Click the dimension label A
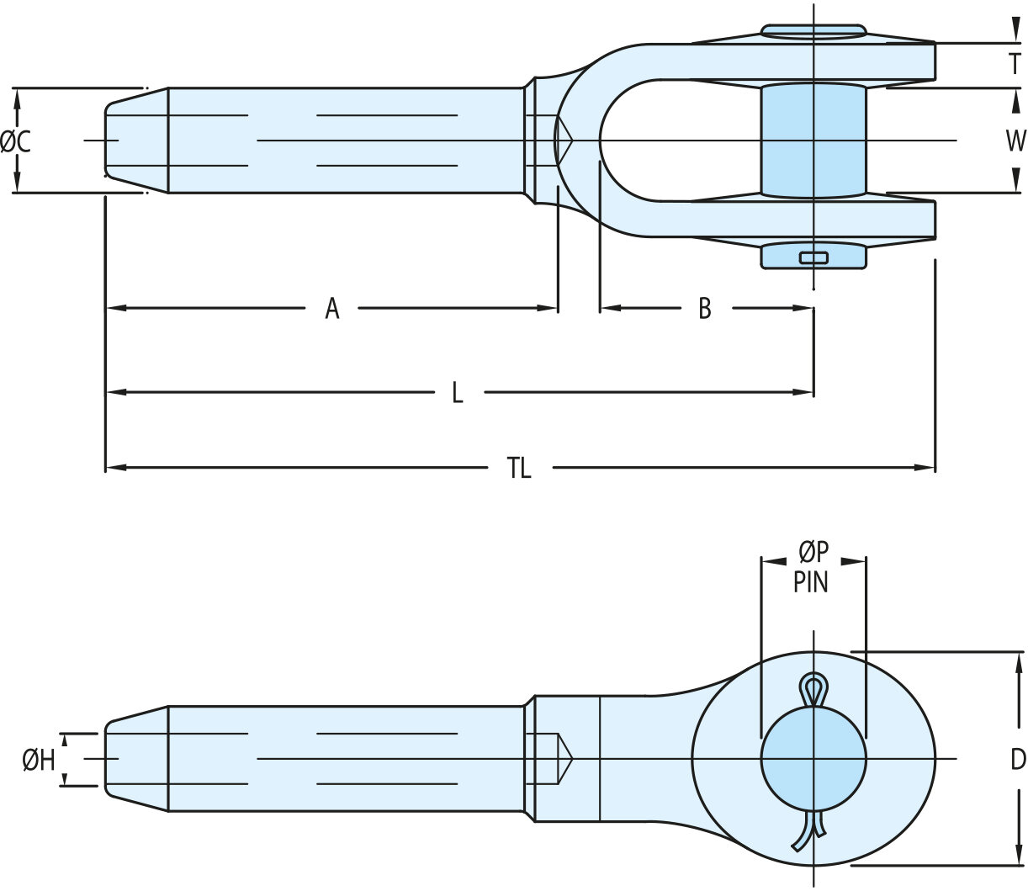coord(332,309)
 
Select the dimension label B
coord(705,309)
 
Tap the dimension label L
coord(458,393)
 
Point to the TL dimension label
coord(519,468)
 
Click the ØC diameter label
coord(16,141)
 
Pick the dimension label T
coord(1015,64)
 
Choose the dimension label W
coord(1015,141)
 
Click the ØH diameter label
coord(39,761)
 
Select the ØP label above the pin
coord(813,551)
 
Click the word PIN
coord(811,581)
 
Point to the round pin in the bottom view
coord(813,759)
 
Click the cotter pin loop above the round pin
coord(813,690)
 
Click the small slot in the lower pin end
coord(813,257)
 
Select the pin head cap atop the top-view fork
coord(813,32)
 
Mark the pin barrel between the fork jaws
coord(813,141)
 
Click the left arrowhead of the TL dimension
coord(115,468)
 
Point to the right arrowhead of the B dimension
coord(803,309)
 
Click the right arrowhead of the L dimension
coord(803,393)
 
